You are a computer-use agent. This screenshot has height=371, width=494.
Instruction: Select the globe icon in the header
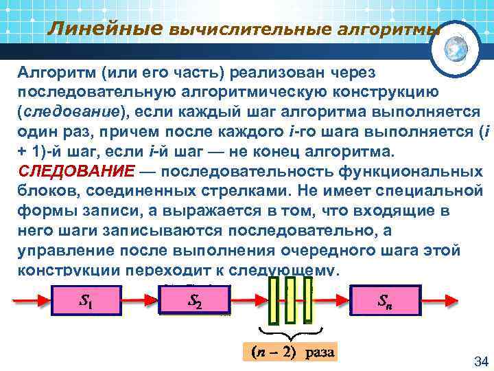[456, 48]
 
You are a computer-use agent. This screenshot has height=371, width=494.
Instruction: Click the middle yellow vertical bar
[290, 300]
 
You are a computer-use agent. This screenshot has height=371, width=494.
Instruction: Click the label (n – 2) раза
[290, 352]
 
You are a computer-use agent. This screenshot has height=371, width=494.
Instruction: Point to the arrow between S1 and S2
[141, 300]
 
